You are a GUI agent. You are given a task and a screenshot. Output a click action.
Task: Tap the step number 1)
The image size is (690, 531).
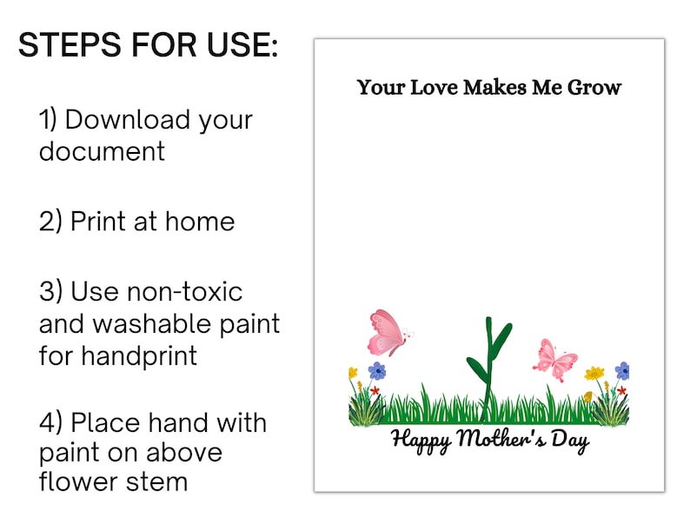49,119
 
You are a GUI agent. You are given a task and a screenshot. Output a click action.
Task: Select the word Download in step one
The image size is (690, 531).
128,119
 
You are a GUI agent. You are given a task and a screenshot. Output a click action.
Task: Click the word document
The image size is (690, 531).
102,150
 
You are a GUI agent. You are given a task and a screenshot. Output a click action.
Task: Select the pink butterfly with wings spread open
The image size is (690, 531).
555,359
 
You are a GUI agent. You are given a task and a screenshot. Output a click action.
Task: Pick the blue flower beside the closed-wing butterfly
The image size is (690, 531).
377,371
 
